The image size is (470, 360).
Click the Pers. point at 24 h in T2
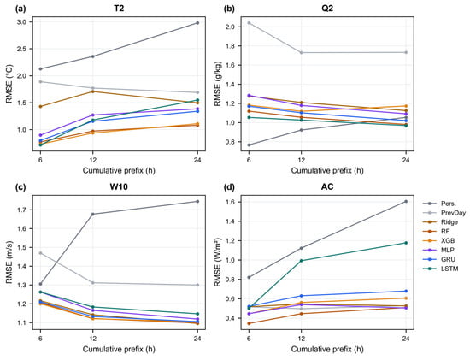[197, 23]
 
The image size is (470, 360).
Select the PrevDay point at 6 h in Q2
[249, 23]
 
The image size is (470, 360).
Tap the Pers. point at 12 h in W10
[92, 214]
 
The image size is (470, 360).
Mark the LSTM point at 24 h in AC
[406, 243]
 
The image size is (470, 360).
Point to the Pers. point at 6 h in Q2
[249, 145]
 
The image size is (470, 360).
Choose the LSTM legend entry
[441, 269]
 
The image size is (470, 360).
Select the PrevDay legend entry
[444, 213]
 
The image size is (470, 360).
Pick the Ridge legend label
[449, 222]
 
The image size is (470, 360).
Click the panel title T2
[119, 9]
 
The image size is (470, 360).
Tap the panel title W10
[119, 187]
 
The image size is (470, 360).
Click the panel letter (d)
[229, 187]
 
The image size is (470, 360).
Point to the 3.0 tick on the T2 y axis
[21, 22]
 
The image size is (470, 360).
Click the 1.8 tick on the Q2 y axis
[230, 46]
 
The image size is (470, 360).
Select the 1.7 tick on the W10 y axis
[21, 210]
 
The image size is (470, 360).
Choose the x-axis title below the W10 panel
[119, 349]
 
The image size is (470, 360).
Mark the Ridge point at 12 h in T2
[92, 91]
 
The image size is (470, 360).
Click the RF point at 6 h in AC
[249, 323]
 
